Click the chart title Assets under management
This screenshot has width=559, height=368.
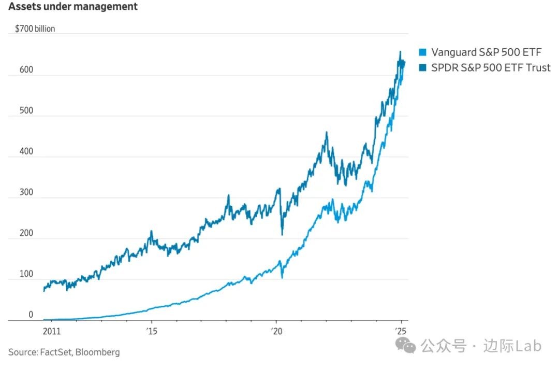[73, 7]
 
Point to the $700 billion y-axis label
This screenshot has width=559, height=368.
[35, 29]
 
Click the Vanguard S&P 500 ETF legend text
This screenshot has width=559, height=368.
[486, 52]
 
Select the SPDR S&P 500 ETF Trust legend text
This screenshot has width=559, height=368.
[491, 67]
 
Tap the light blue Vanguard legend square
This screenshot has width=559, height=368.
[422, 52]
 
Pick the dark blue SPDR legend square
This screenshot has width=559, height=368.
[422, 67]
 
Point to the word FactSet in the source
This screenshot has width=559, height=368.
[55, 352]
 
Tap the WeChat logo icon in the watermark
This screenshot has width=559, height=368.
[406, 346]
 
